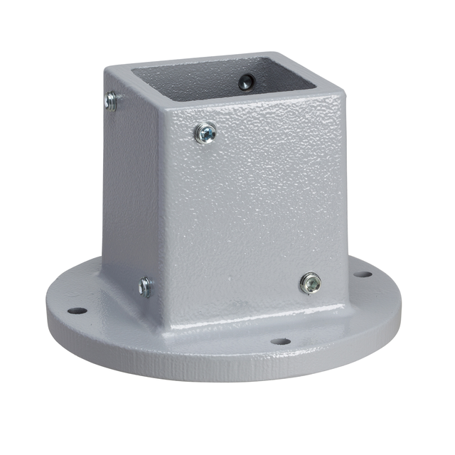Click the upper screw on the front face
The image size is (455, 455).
click(205, 132)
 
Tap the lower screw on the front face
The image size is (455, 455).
click(309, 282)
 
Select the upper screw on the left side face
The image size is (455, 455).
click(110, 101)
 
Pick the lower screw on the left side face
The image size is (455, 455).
click(145, 287)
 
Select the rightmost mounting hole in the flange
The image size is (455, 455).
click(363, 274)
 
